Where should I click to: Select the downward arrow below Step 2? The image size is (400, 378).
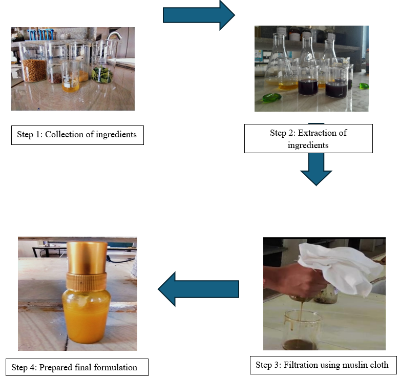[x=316, y=169]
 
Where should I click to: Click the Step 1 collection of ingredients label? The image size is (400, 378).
[x=77, y=135]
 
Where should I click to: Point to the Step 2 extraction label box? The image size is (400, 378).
[x=308, y=139]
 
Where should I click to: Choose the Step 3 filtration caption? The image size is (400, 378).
[x=322, y=365]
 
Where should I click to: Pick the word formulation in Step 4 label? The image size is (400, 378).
[x=115, y=367]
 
